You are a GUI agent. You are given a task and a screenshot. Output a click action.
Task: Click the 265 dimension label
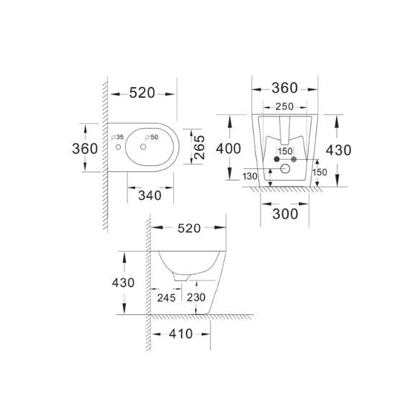pyautogui.click(x=199, y=147)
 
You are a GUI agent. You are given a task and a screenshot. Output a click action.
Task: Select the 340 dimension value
pyautogui.click(x=150, y=196)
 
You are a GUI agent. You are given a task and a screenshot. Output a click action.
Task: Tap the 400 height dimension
pyautogui.click(x=229, y=149)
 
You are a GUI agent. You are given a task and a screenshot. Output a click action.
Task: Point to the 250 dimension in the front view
pyautogui.click(x=285, y=106)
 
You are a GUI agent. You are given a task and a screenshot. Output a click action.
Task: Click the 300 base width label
pyautogui.click(x=286, y=214)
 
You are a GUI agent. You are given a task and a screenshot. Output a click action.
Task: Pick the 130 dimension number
pyautogui.click(x=250, y=176)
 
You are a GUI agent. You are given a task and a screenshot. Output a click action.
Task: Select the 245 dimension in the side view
pyautogui.click(x=166, y=298)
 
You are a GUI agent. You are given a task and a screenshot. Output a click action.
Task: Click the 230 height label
pyautogui.click(x=196, y=297)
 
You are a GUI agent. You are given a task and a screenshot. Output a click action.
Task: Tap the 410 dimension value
pyautogui.click(x=181, y=334)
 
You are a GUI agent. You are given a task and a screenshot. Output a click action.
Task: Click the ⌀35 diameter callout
pyautogui.click(x=117, y=137)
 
